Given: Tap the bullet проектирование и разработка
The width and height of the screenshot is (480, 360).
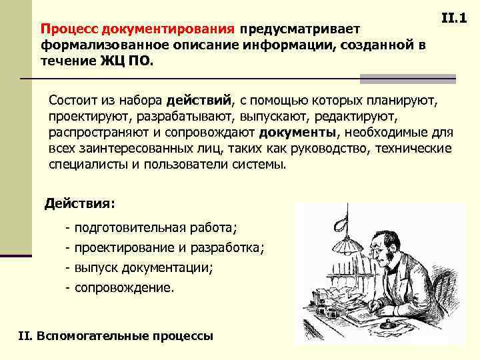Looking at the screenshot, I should point(169,248).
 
